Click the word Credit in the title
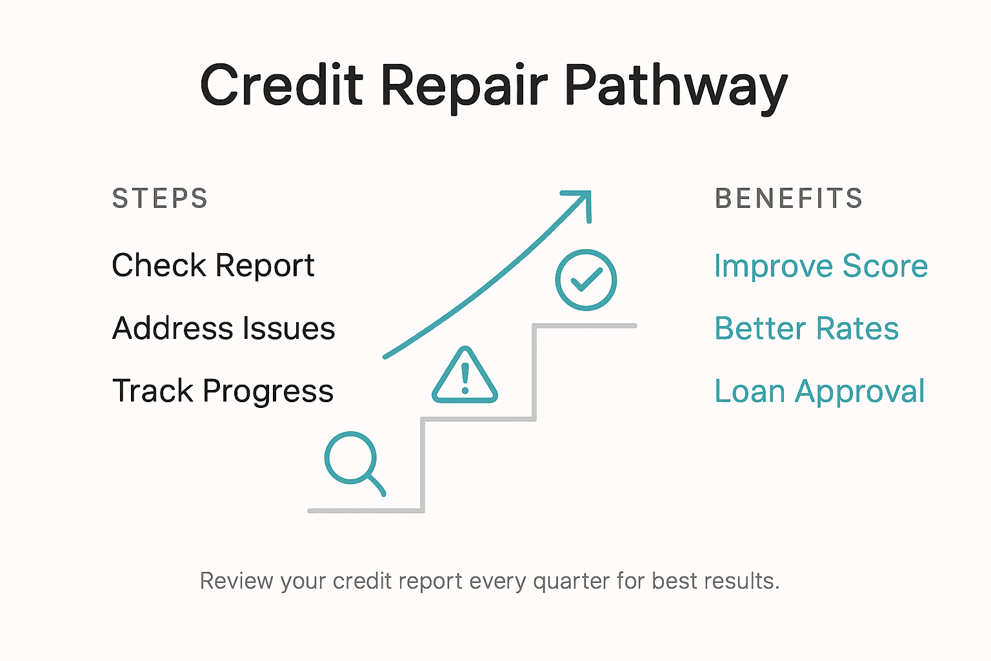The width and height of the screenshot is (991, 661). (x=282, y=86)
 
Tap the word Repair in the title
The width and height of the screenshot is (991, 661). (x=464, y=86)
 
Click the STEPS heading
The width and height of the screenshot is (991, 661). (x=160, y=199)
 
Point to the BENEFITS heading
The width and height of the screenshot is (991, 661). (x=788, y=199)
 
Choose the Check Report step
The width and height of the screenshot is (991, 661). (x=213, y=265)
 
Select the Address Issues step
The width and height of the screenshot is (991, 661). (x=223, y=328)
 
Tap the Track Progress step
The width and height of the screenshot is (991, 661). (x=223, y=391)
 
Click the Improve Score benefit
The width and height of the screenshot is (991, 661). (x=821, y=266)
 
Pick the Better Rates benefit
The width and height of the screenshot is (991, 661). (x=806, y=328)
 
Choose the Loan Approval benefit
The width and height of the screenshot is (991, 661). (x=819, y=391)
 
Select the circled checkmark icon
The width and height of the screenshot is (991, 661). (x=586, y=280)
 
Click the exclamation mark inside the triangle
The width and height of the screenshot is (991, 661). (x=465, y=377)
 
